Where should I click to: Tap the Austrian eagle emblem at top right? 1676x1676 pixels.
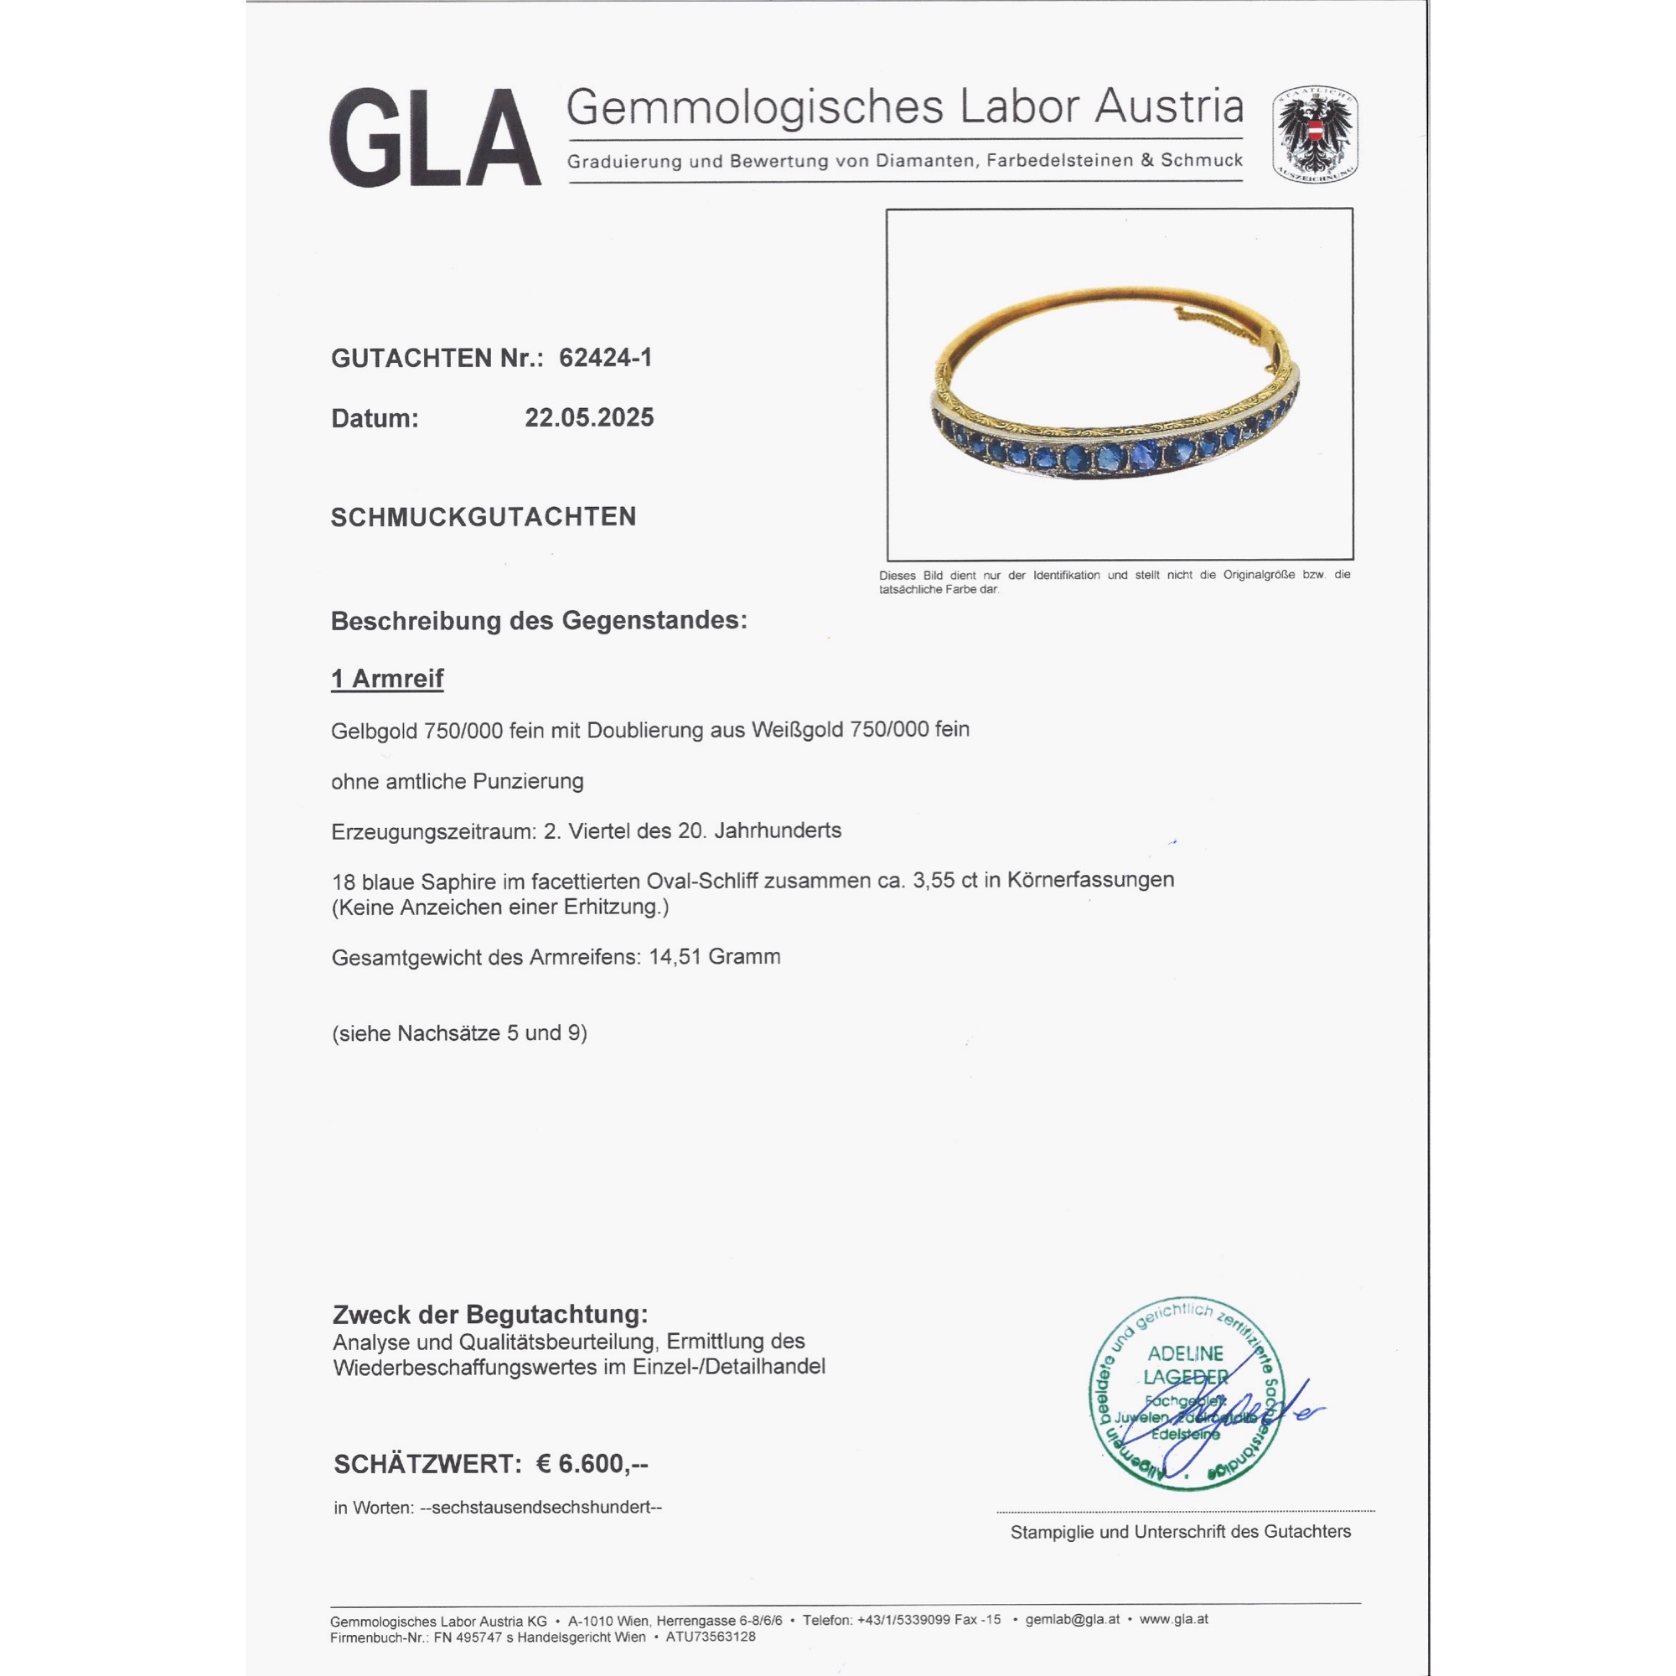[x=1315, y=133]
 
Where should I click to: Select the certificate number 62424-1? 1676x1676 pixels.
[x=605, y=358]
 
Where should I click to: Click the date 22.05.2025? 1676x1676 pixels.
[x=589, y=417]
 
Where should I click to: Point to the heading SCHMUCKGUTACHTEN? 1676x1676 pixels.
[x=484, y=517]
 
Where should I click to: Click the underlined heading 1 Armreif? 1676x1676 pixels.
[x=387, y=679]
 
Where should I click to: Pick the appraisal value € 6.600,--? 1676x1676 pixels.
[x=592, y=1464]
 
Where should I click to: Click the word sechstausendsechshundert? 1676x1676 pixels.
[x=541, y=1508]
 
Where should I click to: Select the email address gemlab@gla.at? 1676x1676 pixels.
[x=1073, y=1620]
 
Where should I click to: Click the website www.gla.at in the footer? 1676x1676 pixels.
[x=1174, y=1620]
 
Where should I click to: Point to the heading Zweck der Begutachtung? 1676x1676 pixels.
[x=490, y=1315]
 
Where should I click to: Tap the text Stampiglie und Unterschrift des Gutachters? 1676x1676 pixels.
[x=1181, y=1532]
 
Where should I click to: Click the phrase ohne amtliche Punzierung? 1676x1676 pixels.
[x=458, y=782]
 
